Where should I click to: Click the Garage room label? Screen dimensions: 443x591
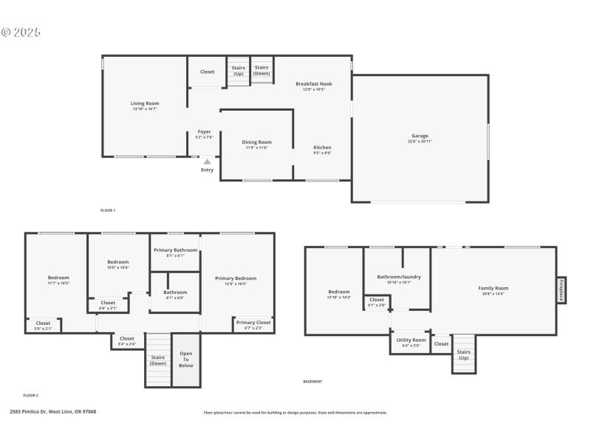coord(420,136)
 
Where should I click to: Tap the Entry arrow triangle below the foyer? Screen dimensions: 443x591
coord(207,162)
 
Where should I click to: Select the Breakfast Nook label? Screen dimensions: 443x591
coord(314,84)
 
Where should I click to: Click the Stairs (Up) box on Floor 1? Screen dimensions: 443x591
coord(238,71)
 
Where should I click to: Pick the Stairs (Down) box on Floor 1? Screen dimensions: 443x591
coord(262,71)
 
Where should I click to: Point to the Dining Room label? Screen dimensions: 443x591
coord(257,142)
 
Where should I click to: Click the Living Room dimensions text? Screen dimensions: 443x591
coord(145,109)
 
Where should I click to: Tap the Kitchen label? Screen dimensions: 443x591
coord(322,148)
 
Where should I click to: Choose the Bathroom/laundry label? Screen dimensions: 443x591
coord(398,277)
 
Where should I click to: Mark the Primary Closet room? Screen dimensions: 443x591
coord(253,325)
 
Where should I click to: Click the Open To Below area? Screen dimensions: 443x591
coord(186,360)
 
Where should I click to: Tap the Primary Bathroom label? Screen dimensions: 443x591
coord(175,250)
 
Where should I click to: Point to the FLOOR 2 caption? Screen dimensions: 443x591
coord(30,396)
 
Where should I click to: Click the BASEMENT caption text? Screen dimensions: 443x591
coord(312,382)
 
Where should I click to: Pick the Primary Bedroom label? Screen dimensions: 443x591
coord(236,278)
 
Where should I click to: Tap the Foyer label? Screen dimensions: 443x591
coord(204,132)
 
